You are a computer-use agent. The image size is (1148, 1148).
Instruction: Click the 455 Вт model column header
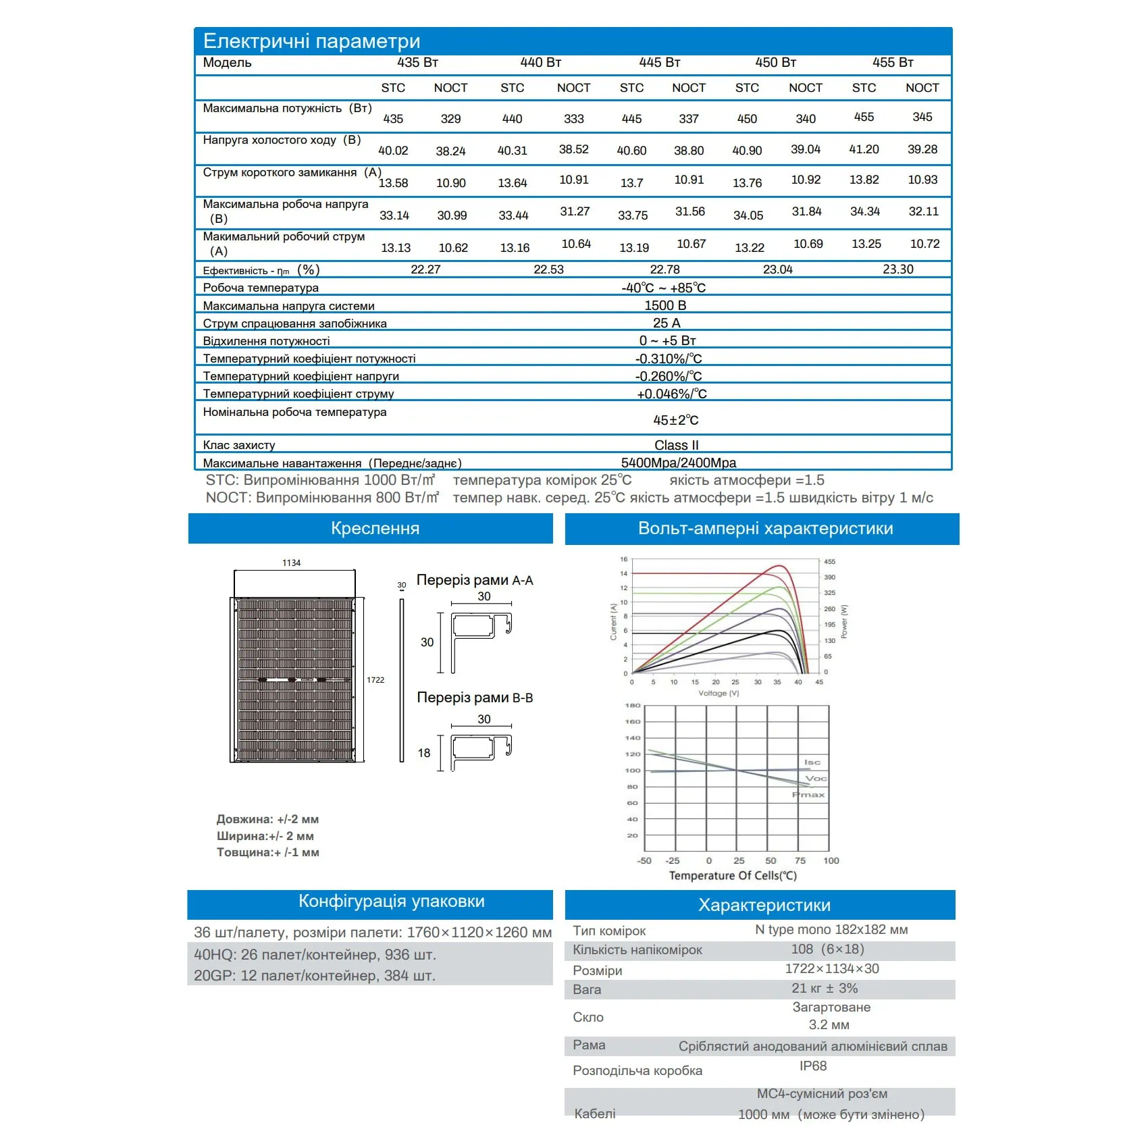(x=892, y=63)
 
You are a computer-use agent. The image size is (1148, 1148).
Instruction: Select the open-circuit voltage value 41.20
(x=864, y=149)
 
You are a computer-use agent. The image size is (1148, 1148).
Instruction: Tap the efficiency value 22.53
(x=548, y=269)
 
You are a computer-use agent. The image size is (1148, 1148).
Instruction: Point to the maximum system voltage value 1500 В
(x=665, y=305)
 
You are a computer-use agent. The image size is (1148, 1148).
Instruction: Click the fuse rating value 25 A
(x=667, y=323)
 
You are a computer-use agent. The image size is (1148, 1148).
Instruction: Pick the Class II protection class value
(x=676, y=445)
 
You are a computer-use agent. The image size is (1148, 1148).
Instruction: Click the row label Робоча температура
(x=261, y=288)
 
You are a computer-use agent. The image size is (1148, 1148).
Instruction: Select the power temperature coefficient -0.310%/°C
(x=669, y=359)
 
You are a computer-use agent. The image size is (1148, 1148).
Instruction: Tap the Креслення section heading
(x=375, y=528)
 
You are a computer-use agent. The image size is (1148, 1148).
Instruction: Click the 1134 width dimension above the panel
(x=291, y=563)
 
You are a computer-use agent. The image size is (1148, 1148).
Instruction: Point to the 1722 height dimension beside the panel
(x=375, y=680)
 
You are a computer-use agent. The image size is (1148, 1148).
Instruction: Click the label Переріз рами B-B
(x=475, y=698)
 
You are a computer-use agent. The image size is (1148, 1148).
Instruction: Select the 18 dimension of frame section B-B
(x=424, y=753)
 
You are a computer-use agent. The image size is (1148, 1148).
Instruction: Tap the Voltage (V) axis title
(x=719, y=694)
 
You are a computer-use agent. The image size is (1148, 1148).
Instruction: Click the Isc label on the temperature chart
(x=812, y=762)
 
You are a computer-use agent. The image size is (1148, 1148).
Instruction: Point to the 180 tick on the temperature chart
(x=632, y=706)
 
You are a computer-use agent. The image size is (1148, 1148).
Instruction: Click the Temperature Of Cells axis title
(x=733, y=876)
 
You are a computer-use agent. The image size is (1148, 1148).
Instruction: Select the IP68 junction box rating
(x=813, y=1066)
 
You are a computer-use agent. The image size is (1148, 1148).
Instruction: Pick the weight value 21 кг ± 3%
(x=825, y=988)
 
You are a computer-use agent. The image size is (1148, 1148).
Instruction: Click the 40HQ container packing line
(x=315, y=954)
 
